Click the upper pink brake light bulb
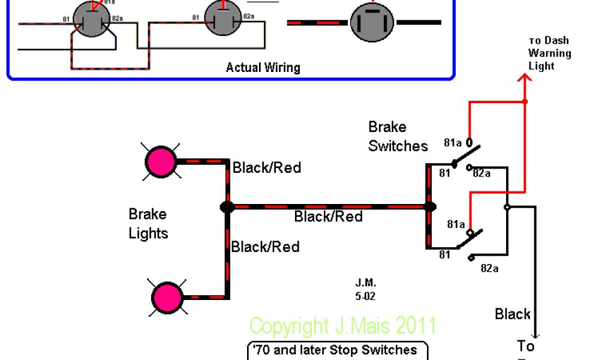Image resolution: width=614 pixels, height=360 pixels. click(x=161, y=162)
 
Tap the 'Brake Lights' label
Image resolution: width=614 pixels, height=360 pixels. click(x=148, y=223)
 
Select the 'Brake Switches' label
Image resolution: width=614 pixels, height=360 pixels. click(x=398, y=136)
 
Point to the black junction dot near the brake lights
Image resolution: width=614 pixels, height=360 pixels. click(x=227, y=207)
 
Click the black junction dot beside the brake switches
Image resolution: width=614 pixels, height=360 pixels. click(x=430, y=207)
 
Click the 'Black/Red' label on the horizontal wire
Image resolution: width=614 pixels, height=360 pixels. click(x=329, y=216)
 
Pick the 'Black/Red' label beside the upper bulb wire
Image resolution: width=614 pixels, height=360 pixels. click(x=267, y=167)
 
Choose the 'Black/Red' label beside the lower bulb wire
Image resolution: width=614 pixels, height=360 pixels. click(x=266, y=246)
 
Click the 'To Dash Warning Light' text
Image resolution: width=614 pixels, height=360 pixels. click(x=549, y=53)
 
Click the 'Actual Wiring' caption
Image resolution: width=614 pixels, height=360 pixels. click(x=263, y=67)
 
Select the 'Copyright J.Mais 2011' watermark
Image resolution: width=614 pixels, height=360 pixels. click(x=342, y=326)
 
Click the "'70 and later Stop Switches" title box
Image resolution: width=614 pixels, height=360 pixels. click(x=338, y=350)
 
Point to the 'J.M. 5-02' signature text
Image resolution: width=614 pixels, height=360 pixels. click(x=365, y=289)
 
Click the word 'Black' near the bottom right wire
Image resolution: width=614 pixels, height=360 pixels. click(x=513, y=314)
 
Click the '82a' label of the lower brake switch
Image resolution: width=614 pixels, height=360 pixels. click(x=489, y=268)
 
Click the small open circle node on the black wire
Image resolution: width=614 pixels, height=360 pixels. click(x=507, y=207)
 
